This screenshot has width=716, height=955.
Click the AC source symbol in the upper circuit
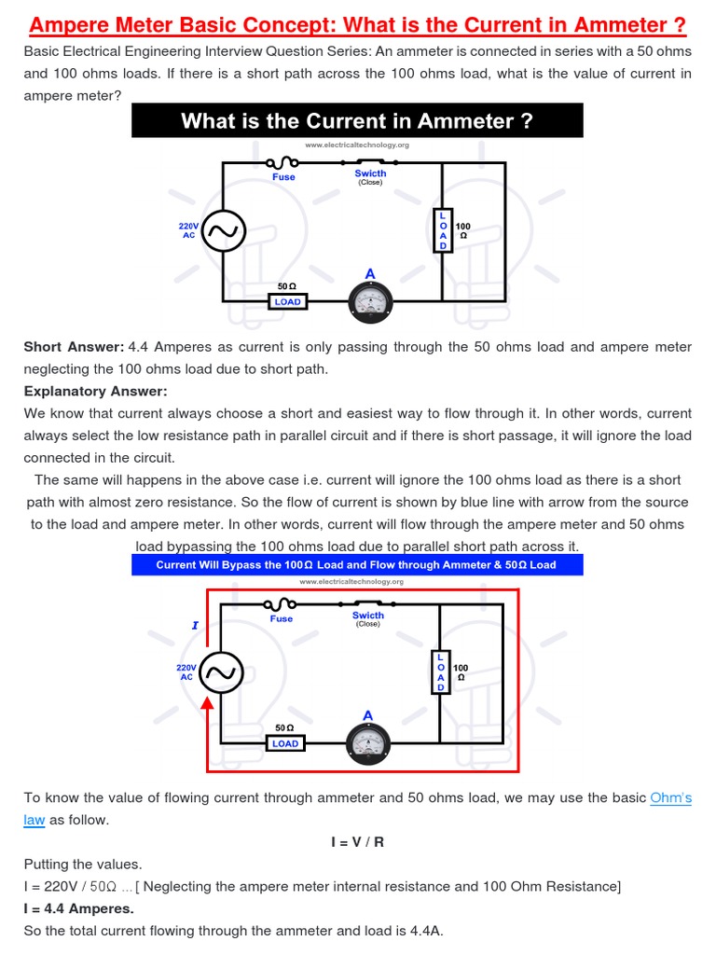224,231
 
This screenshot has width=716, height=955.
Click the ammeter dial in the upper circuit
370,300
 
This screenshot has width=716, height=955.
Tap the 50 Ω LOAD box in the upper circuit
287,301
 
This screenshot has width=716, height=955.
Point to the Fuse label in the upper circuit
283,177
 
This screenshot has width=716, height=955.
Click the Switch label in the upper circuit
370,173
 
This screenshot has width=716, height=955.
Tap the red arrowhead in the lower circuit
208,702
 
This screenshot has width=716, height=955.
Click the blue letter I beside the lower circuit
195,626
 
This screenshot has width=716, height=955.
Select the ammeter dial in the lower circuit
368,742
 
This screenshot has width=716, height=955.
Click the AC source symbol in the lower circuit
223,672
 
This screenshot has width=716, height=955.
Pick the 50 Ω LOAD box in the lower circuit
285,743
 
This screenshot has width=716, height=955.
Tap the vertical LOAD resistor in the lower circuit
441,672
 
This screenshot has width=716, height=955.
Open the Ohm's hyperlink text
670,797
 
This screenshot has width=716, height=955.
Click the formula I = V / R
357,842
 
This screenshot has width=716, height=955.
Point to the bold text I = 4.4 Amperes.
79,908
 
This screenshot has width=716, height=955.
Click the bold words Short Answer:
74,347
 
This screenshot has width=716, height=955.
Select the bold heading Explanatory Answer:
95,391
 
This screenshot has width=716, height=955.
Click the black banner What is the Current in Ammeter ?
357,121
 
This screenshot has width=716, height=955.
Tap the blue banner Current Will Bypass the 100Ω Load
356,564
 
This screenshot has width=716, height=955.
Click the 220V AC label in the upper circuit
189,230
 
